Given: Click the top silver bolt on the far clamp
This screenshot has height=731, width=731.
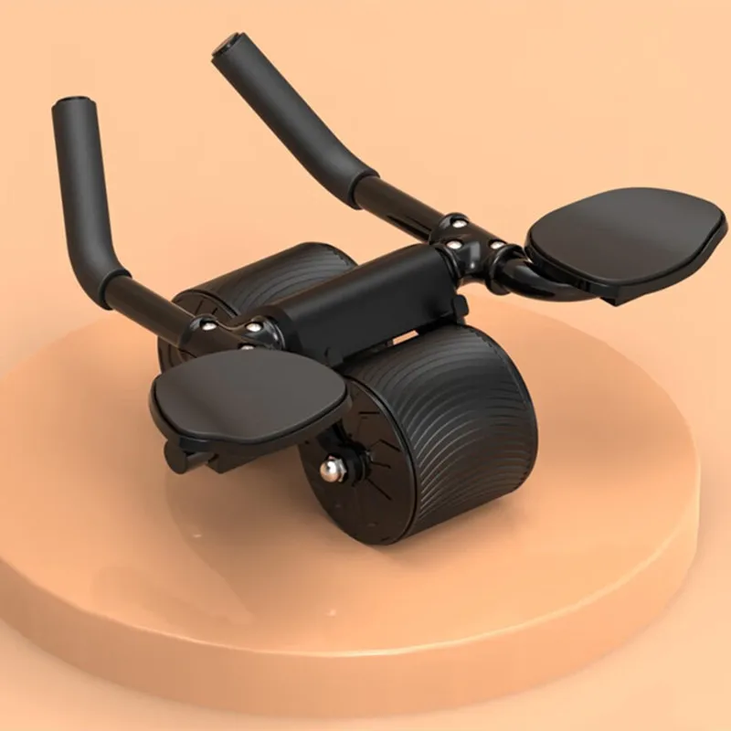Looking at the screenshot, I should point(455,222).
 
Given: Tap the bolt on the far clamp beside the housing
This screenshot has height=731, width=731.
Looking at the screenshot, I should point(450,246).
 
